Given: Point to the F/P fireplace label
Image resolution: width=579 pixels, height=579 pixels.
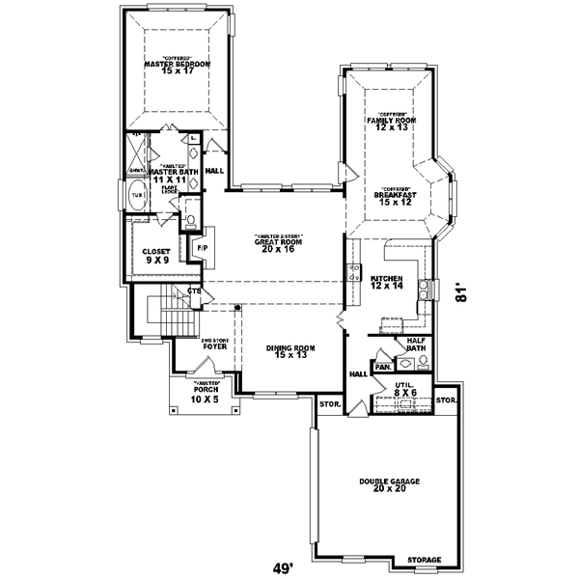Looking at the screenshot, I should click(x=203, y=248).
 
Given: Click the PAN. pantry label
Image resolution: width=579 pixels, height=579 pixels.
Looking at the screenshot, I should click(x=381, y=367).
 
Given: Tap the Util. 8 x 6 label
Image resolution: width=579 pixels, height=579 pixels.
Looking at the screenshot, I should click(x=404, y=389).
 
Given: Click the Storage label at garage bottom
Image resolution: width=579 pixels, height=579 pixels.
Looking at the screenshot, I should click(x=423, y=560).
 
